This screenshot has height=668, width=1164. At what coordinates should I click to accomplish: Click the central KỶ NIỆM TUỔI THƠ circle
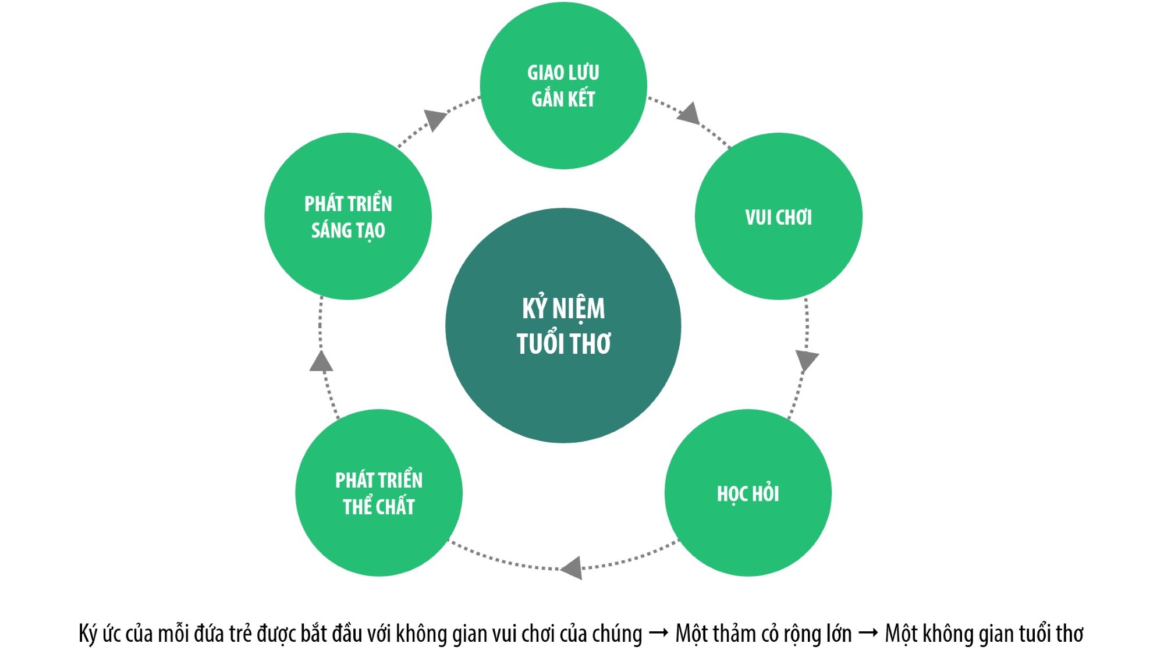coord(563,325)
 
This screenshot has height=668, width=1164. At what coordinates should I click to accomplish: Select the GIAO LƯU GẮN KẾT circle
coord(563,86)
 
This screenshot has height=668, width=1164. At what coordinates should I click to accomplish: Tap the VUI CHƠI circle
coord(778,216)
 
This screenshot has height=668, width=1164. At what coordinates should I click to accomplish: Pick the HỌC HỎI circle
coord(748,493)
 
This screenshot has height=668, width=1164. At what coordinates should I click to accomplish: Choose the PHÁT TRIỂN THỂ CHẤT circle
coord(379,493)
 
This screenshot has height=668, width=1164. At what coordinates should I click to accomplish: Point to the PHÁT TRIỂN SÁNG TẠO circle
coord(348,216)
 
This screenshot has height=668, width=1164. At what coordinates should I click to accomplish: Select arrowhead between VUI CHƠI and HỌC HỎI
coord(807,360)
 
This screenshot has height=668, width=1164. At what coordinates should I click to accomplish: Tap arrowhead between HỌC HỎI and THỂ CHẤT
coord(572,567)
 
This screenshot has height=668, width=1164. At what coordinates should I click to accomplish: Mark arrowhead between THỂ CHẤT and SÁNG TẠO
coord(321,361)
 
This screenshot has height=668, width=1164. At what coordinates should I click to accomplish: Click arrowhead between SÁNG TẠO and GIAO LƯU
coord(435,119)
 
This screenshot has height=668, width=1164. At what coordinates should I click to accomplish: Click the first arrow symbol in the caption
coord(658,633)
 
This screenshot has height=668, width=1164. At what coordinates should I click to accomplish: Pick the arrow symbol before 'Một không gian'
coord(868,633)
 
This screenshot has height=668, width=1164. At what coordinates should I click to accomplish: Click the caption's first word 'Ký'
coord(88,634)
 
